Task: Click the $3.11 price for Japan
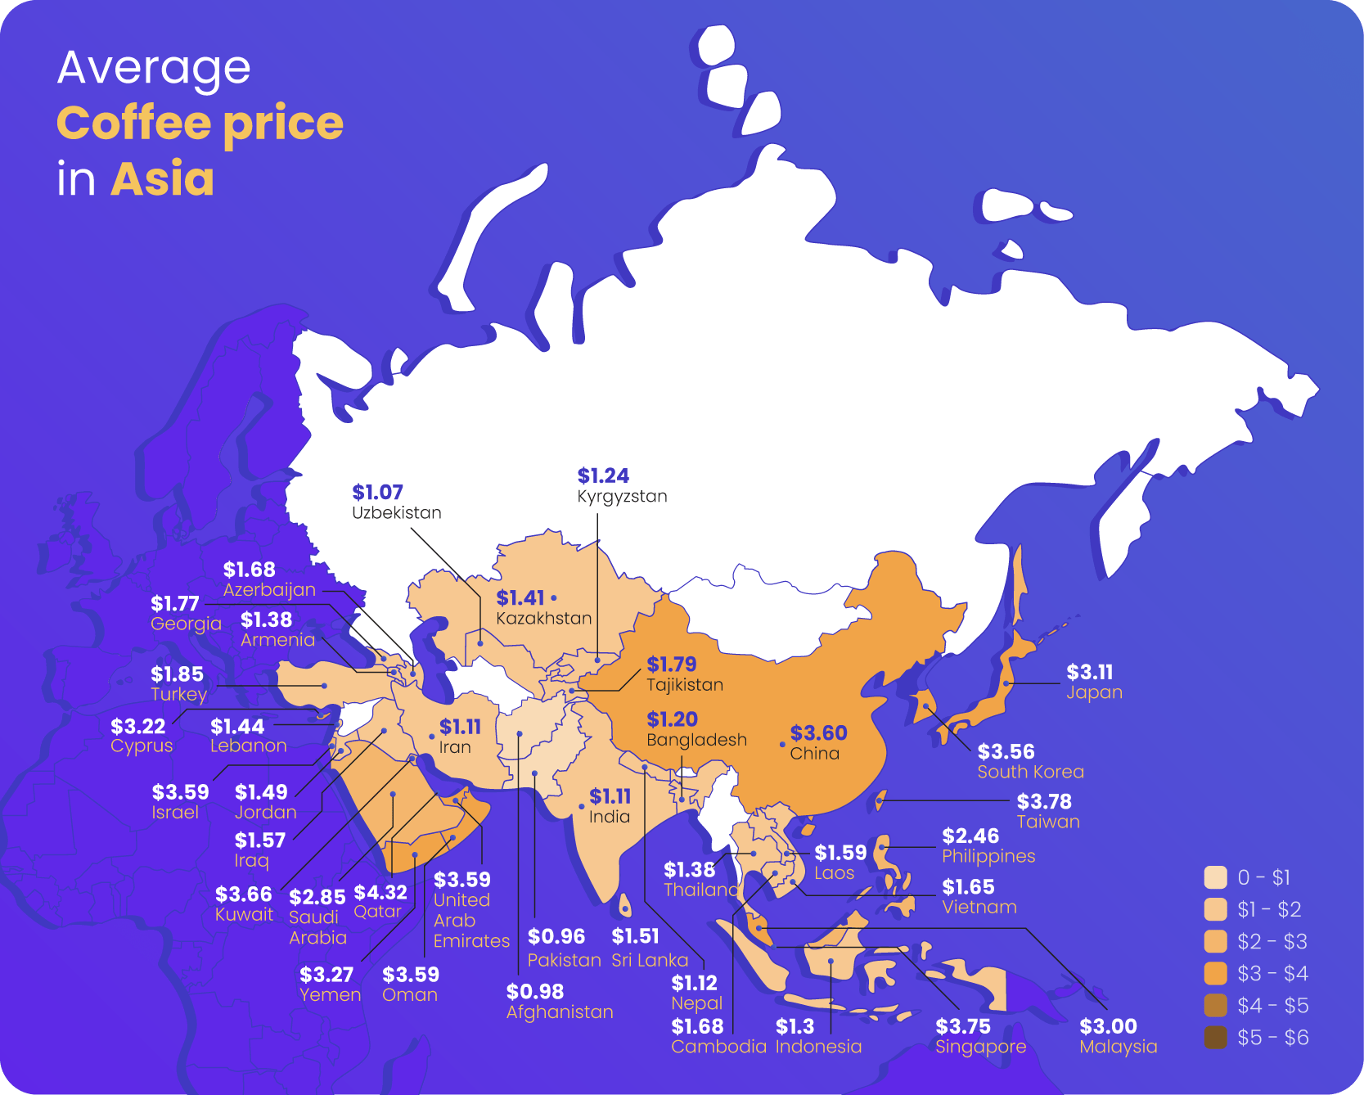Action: tap(1089, 673)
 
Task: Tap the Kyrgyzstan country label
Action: tap(622, 497)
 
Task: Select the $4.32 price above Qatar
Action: tap(380, 893)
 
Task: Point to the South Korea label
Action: tap(1030, 772)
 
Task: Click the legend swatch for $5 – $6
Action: tap(1216, 1038)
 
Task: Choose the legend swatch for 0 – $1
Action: tap(1216, 877)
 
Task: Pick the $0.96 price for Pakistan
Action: tap(556, 936)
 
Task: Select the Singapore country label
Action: tap(980, 1047)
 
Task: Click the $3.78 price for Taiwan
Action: tap(1044, 802)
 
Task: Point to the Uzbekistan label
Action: tap(397, 513)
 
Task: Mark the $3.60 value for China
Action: tap(818, 733)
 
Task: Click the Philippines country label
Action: tap(988, 856)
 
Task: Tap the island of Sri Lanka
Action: tap(625, 905)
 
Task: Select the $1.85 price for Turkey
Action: tap(177, 674)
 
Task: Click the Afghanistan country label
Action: tap(560, 1012)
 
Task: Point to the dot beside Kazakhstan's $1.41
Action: tap(554, 598)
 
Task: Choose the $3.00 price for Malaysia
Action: tap(1108, 1026)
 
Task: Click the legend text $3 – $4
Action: tap(1272, 974)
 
